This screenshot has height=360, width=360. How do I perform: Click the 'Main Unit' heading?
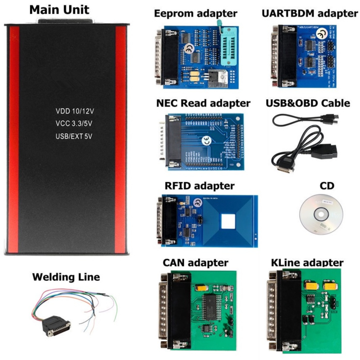(59, 10)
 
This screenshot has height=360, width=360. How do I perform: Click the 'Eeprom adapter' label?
(196, 13)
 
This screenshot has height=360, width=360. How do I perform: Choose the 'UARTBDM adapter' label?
(310, 13)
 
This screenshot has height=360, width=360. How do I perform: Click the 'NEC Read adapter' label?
(203, 103)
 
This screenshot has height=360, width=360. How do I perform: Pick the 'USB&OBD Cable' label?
(308, 103)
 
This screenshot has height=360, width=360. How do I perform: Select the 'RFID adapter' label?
(199, 186)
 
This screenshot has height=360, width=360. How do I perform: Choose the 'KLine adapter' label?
(308, 263)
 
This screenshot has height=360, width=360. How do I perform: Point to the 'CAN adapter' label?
(195, 263)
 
